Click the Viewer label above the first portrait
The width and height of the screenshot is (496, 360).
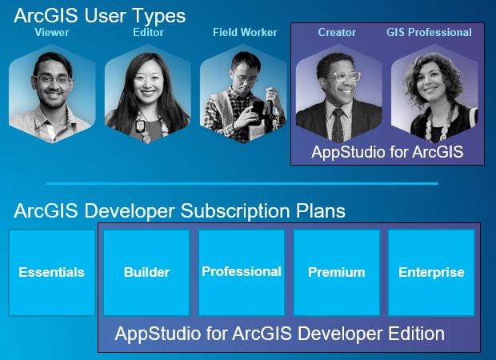click(x=52, y=33)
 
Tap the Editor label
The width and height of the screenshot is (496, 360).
click(x=147, y=33)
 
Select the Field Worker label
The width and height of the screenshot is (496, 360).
click(x=245, y=33)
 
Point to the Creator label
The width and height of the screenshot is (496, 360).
click(x=337, y=33)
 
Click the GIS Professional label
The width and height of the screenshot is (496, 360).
click(x=429, y=33)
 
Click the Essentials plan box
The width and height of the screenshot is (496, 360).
click(x=51, y=273)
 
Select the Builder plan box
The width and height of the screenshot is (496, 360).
click(x=146, y=273)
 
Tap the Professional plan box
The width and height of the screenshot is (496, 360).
click(x=241, y=273)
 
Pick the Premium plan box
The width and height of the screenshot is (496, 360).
click(x=336, y=273)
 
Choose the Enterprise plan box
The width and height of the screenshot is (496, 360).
click(x=431, y=273)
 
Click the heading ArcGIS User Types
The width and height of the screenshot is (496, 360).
click(x=99, y=14)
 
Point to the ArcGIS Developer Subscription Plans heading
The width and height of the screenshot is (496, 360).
click(x=179, y=211)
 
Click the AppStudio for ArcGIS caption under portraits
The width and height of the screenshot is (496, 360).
click(x=387, y=151)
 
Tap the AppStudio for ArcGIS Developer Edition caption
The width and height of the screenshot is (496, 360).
click(x=279, y=333)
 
